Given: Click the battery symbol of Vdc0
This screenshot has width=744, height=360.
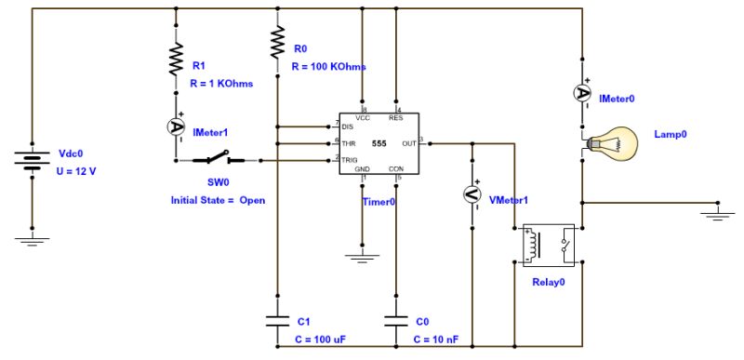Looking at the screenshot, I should click(33, 164).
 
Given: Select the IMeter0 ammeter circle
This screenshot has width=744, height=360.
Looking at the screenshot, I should click(582, 92).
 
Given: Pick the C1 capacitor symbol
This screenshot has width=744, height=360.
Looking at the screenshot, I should click(277, 321).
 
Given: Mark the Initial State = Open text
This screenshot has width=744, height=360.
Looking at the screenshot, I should click(212, 200).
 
